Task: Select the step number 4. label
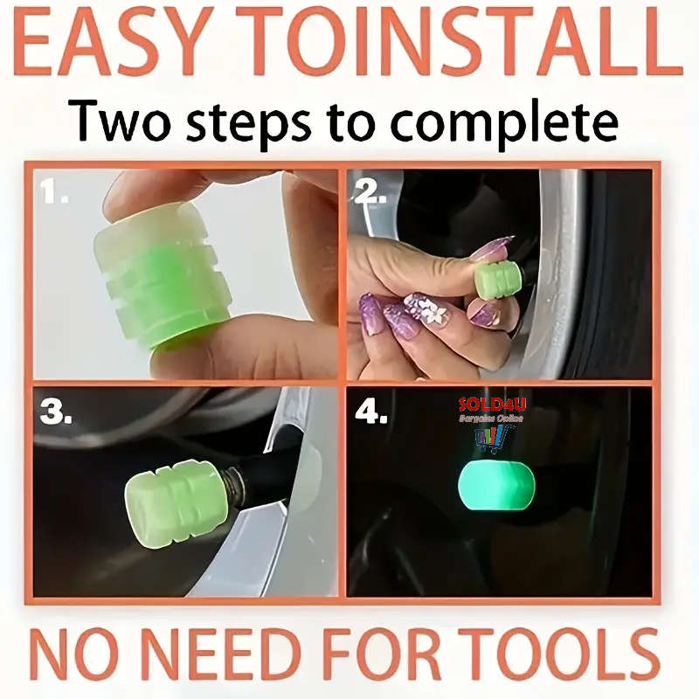pyautogui.click(x=370, y=412)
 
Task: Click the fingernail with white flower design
pyautogui.click(x=426, y=308)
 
